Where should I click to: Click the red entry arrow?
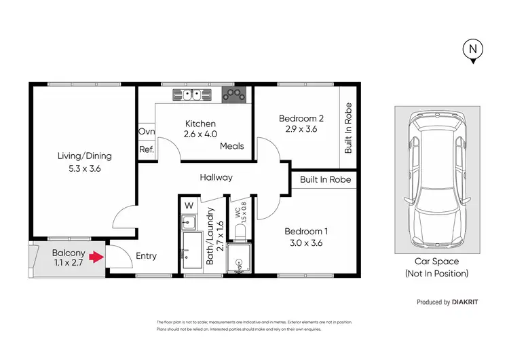pos(96,257)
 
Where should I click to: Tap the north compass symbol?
pos(472,50)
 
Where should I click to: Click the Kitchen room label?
pos(201,124)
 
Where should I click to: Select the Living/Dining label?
pos(84,156)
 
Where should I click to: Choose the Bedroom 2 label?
pos(301,118)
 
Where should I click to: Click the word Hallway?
pos(216,177)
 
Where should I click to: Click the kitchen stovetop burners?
pos(235,94)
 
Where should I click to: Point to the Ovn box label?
pos(147,132)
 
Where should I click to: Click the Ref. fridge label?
pos(147,149)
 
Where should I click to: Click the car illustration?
pos(436,180)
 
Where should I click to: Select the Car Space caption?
pos(436,262)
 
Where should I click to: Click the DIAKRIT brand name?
pos(470,302)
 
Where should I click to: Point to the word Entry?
pos(146,256)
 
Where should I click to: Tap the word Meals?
pos(231,146)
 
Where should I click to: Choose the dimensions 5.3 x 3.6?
pos(84,169)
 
